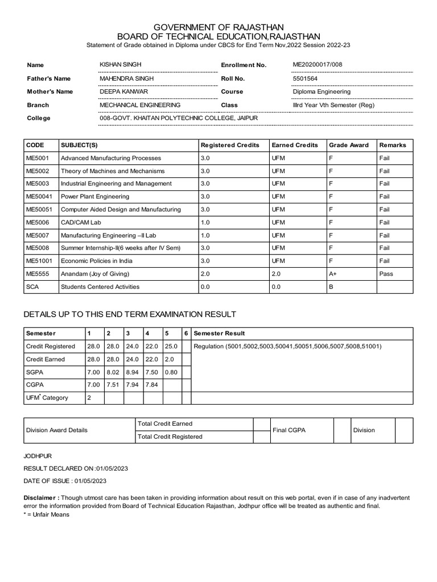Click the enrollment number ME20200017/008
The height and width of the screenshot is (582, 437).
coord(318,65)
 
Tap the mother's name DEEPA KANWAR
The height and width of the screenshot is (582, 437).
coord(121,92)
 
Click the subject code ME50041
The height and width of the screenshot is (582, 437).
coord(38,197)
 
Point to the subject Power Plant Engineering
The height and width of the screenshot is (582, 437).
coord(95,197)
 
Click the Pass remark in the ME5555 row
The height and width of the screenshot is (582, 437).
coord(386,274)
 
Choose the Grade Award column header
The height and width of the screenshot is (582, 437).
coord(349,145)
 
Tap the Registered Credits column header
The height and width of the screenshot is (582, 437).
coord(230,145)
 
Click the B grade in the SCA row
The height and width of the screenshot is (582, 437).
coord(331,287)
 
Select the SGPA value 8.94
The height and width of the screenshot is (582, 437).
coord(131,372)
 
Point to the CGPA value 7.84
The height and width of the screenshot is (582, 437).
coord(151,385)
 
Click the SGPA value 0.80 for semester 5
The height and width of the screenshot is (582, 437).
coord(171,372)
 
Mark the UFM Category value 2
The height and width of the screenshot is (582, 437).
coord(88,398)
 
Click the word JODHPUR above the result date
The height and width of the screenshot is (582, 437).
coord(38,456)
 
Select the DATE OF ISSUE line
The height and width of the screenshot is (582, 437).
coord(64,481)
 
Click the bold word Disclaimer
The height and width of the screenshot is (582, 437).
coord(40,498)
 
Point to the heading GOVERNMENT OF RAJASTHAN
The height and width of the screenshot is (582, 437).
coord(218,27)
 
